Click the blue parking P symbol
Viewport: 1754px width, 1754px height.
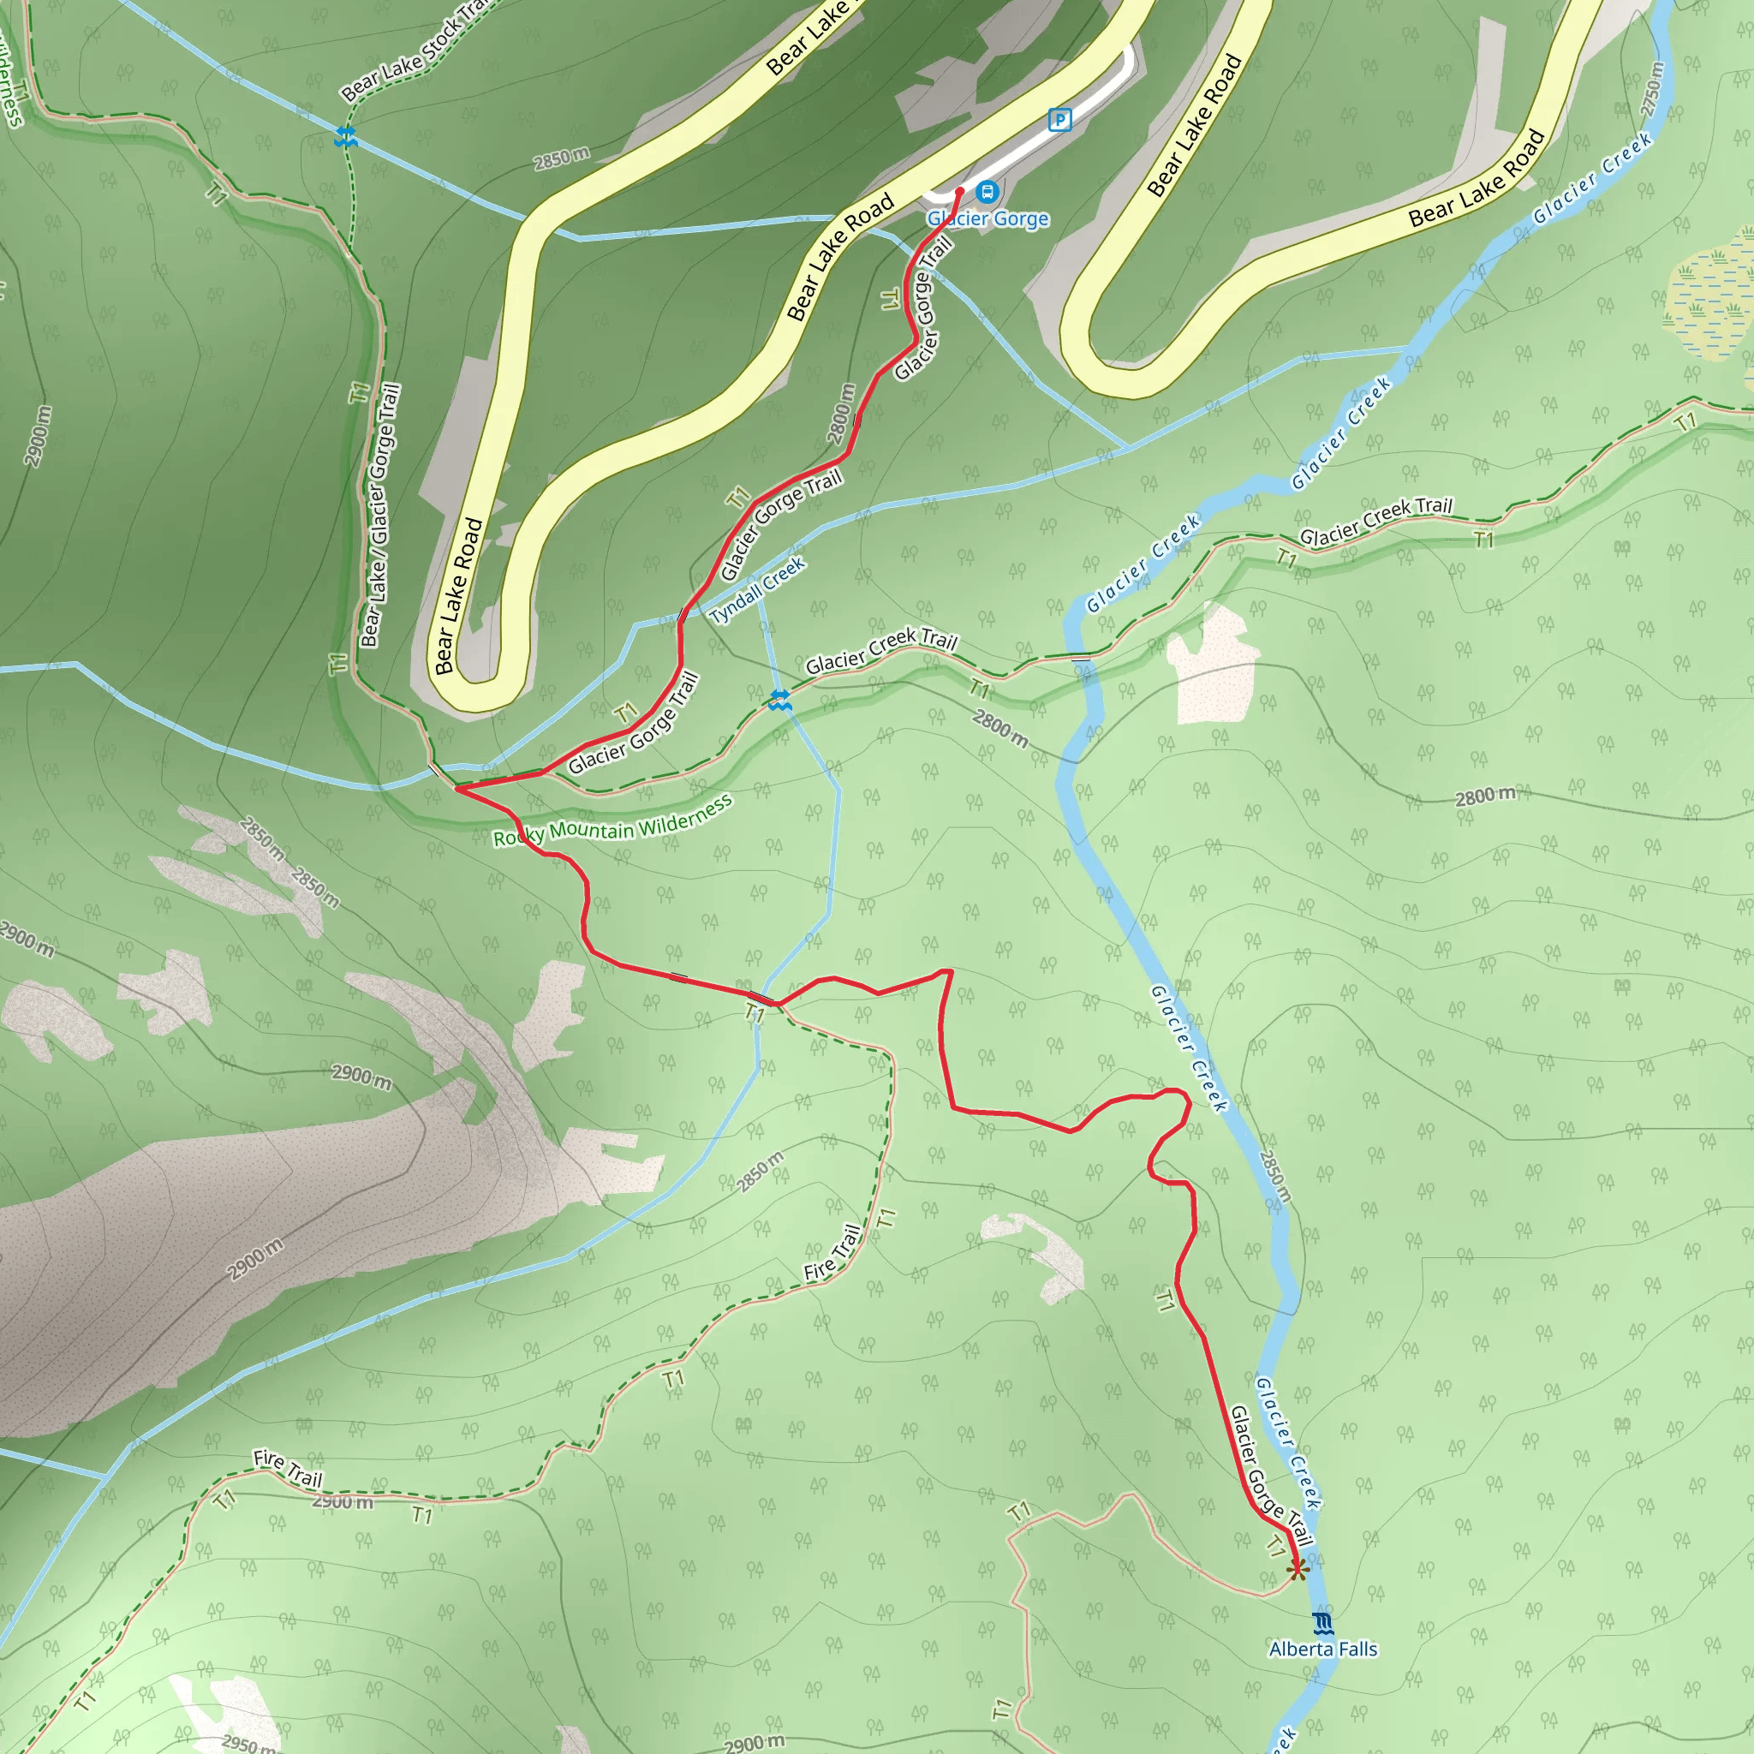pos(1059,119)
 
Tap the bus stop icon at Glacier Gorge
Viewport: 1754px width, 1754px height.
pos(987,192)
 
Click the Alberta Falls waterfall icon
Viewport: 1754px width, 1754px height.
pos(1322,1622)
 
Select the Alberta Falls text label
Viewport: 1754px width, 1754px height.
pos(1322,1649)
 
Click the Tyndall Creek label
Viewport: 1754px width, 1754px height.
pos(758,591)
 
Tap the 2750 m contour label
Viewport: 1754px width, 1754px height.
pos(1651,89)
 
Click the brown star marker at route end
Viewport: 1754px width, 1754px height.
pos(1297,1568)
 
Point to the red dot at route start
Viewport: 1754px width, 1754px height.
pos(959,191)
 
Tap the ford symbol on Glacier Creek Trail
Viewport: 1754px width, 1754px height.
pos(779,699)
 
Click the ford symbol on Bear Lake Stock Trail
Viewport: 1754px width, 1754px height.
pos(345,137)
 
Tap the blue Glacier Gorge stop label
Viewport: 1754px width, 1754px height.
pos(987,218)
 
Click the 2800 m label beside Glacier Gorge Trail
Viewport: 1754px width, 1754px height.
pos(842,414)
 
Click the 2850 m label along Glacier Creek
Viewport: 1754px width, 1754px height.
pos(1274,1177)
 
